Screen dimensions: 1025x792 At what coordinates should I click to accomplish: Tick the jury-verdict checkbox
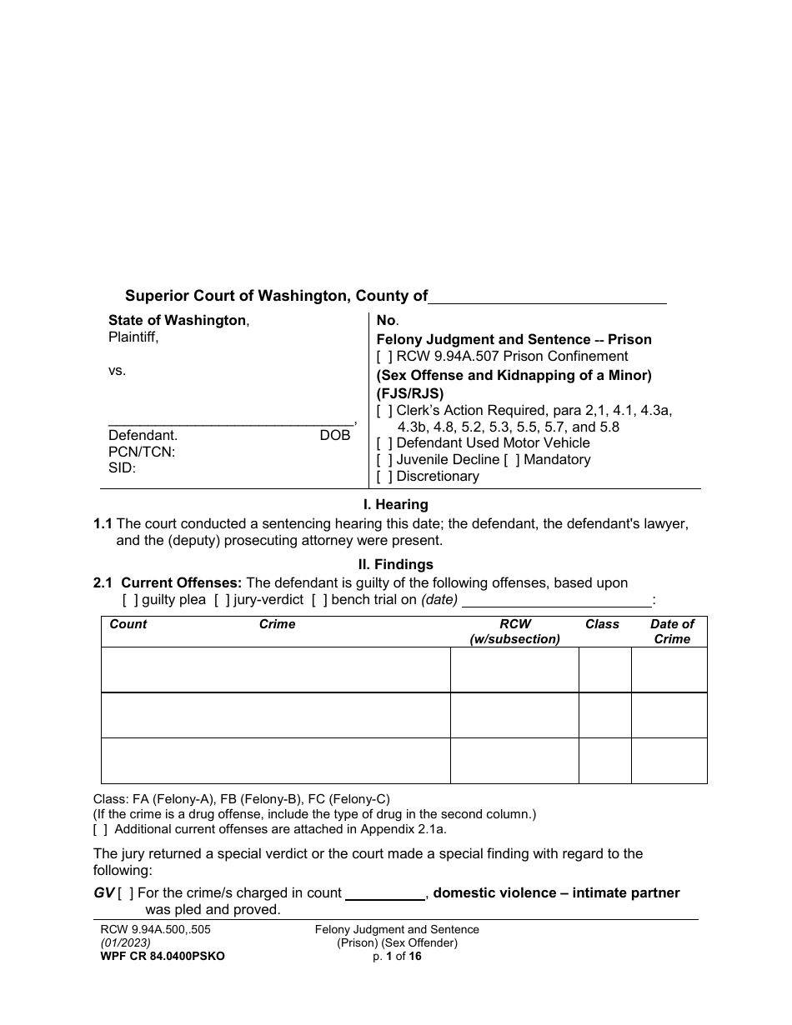pos(221,600)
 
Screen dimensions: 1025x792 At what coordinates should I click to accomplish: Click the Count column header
pos(128,624)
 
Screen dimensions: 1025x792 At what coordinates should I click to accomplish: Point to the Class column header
pos(602,624)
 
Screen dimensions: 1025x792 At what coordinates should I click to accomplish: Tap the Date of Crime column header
pos(672,632)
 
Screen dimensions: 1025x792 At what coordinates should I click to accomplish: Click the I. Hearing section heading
pos(395,505)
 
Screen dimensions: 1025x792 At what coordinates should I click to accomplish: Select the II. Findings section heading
pos(395,564)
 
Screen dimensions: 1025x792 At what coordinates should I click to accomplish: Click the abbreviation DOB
pos(335,436)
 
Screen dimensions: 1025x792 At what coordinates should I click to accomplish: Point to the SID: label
pos(122,468)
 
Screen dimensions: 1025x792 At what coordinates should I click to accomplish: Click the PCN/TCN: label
pos(142,452)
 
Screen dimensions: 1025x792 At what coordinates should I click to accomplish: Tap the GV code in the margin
pos(103,893)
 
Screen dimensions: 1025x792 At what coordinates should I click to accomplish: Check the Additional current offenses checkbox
pos(100,829)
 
